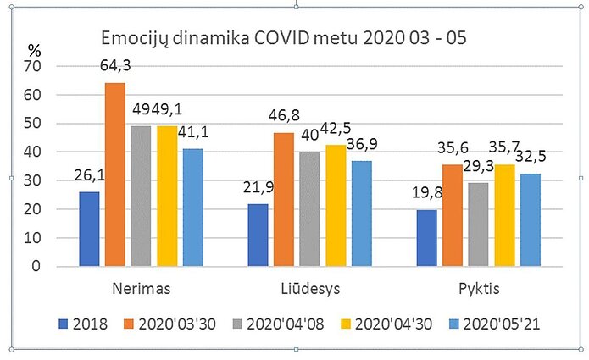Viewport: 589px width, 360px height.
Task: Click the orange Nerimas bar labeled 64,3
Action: (115, 174)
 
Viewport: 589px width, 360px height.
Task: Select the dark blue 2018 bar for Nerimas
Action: (89, 229)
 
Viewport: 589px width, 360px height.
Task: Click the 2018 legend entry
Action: (83, 324)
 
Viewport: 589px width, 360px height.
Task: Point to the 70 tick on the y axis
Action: (36, 66)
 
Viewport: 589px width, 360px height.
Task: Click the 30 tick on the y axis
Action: (36, 180)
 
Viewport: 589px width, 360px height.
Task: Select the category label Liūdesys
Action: (311, 289)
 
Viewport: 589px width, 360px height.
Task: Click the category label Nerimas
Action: (142, 289)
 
